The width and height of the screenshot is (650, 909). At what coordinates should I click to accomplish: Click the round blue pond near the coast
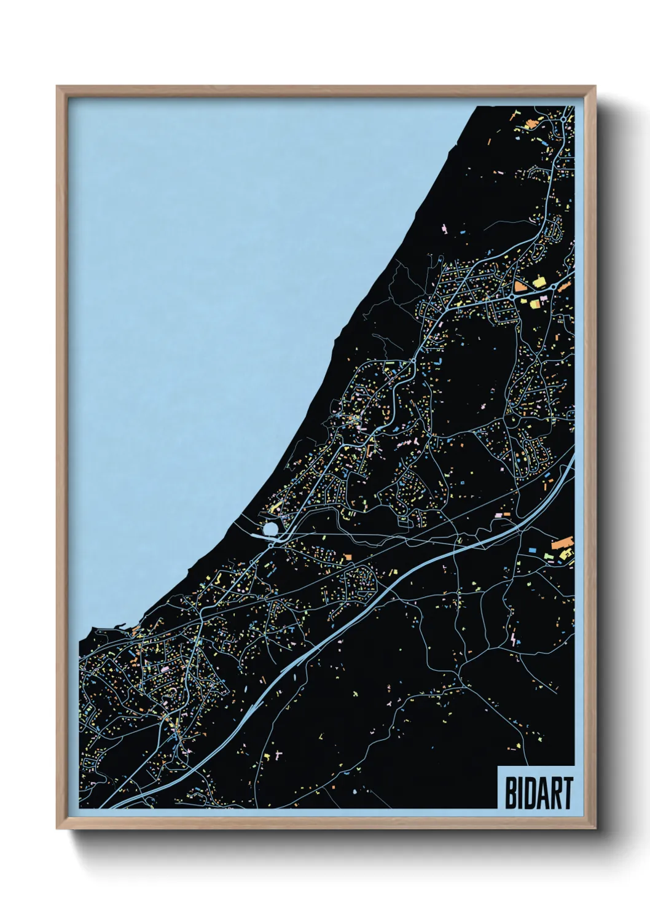pyautogui.click(x=270, y=529)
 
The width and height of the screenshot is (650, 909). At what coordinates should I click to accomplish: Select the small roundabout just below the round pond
pyautogui.click(x=271, y=544)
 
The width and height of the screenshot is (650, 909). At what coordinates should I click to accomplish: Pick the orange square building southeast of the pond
pyautogui.click(x=347, y=557)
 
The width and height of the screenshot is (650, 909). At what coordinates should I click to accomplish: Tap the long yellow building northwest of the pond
pyautogui.click(x=276, y=507)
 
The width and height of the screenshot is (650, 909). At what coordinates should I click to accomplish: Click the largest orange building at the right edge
pyautogui.click(x=560, y=544)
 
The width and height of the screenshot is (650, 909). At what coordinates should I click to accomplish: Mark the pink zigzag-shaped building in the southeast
pyautogui.click(x=514, y=639)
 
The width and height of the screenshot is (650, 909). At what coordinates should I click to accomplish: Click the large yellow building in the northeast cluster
pyautogui.click(x=539, y=282)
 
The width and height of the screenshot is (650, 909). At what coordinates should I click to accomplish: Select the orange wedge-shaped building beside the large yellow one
pyautogui.click(x=521, y=286)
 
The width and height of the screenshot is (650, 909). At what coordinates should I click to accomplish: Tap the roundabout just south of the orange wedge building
pyautogui.click(x=512, y=297)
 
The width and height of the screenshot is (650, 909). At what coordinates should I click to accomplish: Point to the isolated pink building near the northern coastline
pyautogui.click(x=444, y=229)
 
